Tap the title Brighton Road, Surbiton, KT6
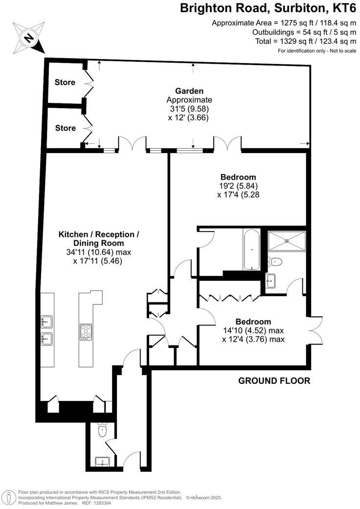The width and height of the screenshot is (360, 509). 268,8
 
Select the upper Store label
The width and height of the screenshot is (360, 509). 65,82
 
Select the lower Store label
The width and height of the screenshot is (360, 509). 65,128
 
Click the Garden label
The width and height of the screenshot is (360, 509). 189,91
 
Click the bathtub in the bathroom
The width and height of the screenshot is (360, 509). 251,250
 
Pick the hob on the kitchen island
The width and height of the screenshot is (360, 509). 86,331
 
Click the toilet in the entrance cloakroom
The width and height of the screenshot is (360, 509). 103,430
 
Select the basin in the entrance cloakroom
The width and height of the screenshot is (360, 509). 103,461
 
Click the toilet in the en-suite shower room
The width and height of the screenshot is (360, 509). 276,262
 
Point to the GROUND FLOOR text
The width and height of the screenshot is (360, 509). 274,381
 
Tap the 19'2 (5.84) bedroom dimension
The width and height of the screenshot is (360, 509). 238,186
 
